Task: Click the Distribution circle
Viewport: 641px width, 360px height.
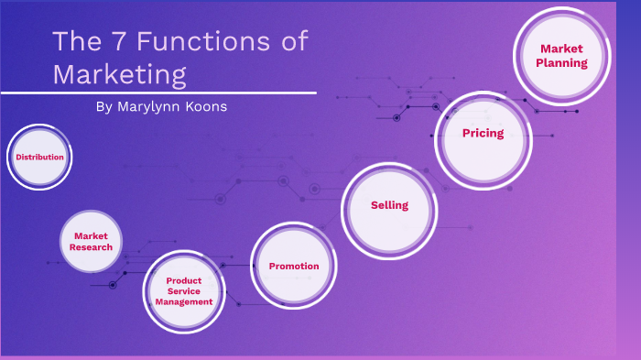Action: (x=39, y=157)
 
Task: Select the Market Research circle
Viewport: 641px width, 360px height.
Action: (x=92, y=242)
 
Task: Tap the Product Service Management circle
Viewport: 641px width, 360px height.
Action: (x=184, y=290)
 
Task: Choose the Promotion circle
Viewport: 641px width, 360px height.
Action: (x=294, y=266)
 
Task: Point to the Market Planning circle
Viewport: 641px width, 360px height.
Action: (x=563, y=54)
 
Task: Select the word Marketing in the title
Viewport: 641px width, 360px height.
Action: (x=120, y=72)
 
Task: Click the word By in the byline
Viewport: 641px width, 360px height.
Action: (x=103, y=107)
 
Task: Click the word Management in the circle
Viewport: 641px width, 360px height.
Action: (x=184, y=301)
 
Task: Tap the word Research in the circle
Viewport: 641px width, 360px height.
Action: (x=92, y=247)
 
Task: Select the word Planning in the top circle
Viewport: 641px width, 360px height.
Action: (x=563, y=63)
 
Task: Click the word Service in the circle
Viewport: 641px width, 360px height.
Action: (x=184, y=291)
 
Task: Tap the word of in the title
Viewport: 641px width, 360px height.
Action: (x=292, y=42)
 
